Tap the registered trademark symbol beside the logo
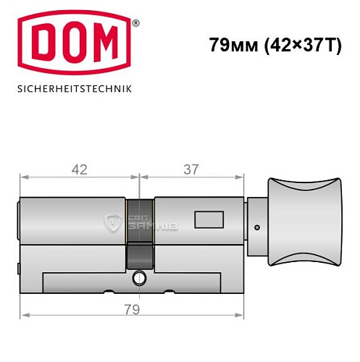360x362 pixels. [135, 23]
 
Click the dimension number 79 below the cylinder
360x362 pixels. [130, 308]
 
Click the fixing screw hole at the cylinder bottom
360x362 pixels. [138, 277]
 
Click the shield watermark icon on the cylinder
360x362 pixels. [113, 223]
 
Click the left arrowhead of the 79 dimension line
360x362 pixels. [23, 315]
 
